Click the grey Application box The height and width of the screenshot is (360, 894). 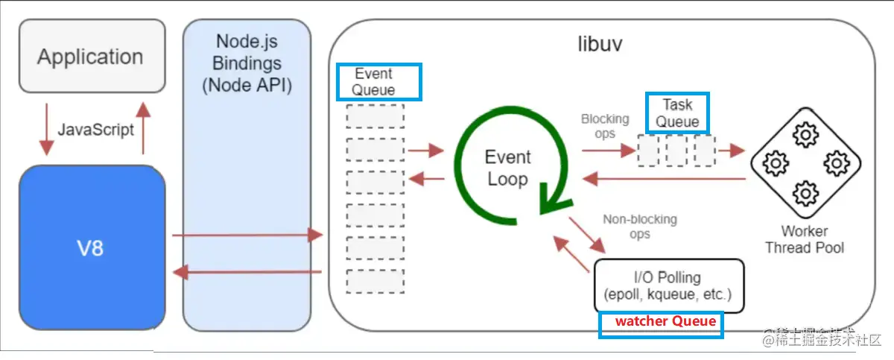(x=90, y=57)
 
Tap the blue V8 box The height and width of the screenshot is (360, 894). (x=91, y=248)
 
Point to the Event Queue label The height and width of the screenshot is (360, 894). (x=378, y=82)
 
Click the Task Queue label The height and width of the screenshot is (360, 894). (x=677, y=113)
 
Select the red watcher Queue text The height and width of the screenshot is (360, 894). (x=665, y=321)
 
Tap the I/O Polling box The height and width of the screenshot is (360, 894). (x=668, y=285)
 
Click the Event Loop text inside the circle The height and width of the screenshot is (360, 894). (x=507, y=168)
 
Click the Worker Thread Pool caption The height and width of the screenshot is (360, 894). (x=805, y=239)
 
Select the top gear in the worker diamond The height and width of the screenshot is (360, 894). (x=805, y=136)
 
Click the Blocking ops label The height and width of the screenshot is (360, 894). (x=605, y=125)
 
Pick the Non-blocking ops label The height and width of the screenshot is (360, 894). (x=640, y=226)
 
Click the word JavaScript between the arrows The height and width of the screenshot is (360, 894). (x=96, y=129)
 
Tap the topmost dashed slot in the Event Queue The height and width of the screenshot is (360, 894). (x=375, y=116)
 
